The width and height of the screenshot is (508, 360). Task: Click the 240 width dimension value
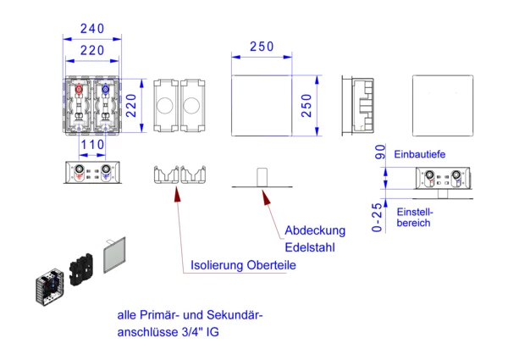pos(92,28)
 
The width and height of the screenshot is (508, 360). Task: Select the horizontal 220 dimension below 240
pos(92,50)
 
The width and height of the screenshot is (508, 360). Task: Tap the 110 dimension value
pos(92,145)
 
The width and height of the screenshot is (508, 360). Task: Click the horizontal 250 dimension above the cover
pos(262,47)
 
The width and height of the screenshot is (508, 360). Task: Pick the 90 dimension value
pos(380,153)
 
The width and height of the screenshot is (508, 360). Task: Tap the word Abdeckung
pos(315,230)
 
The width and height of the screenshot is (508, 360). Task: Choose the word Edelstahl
pos(311,248)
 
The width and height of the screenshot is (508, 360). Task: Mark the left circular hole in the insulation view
pos(165,106)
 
